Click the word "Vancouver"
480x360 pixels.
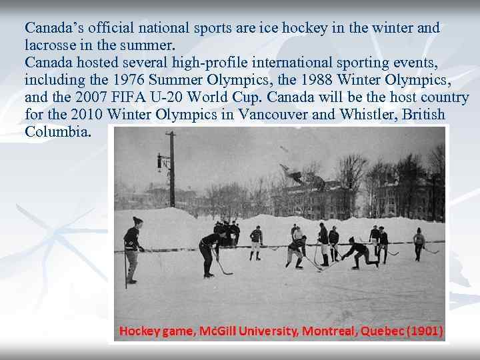[x=273, y=115]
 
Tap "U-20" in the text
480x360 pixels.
[x=165, y=98]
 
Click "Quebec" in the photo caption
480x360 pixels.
[x=379, y=331]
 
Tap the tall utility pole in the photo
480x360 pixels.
[x=172, y=173]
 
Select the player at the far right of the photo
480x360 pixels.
[x=419, y=244]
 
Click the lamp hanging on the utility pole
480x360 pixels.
[x=160, y=161]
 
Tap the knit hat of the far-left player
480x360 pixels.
[x=137, y=221]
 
